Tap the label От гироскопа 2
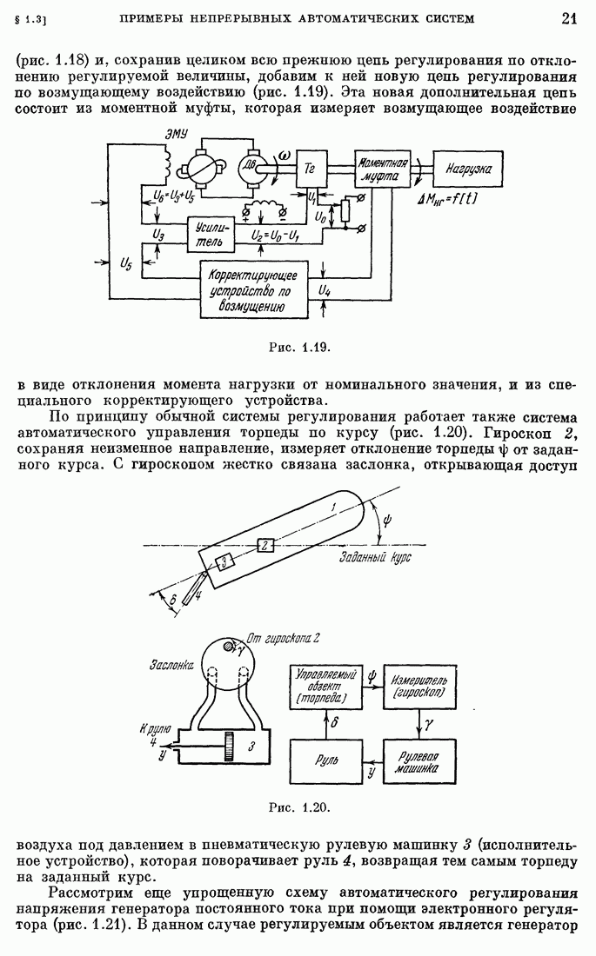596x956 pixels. (x=284, y=638)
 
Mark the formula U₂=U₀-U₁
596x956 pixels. (x=275, y=235)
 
